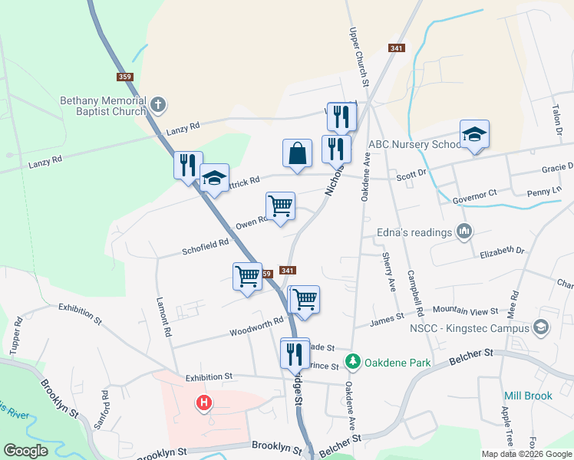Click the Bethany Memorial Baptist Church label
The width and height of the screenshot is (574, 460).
[103, 106]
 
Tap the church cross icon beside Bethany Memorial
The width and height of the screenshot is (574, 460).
[158, 104]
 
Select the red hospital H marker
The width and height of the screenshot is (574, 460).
[204, 402]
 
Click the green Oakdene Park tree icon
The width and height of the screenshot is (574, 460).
[353, 360]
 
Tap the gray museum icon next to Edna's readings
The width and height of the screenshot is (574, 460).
[463, 231]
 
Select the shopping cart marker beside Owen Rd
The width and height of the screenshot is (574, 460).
[280, 205]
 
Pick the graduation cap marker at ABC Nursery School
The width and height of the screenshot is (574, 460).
[474, 135]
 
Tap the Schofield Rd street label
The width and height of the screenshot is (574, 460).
[206, 244]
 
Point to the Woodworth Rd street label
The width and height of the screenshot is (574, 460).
[256, 328]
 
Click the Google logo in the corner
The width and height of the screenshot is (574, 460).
[26, 450]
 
